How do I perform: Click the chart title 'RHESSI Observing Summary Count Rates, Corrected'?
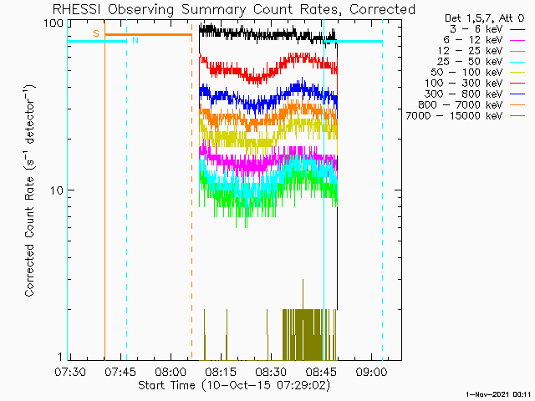point(234,9)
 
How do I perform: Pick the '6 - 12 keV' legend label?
point(473,40)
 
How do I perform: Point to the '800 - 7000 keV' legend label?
point(461,104)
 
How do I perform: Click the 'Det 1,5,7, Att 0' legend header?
point(485,18)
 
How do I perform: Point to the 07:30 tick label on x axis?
point(70,372)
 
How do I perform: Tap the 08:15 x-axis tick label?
point(221,372)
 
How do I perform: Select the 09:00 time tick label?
point(371,372)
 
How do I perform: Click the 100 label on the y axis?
point(53,23)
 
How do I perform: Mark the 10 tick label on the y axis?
point(57,190)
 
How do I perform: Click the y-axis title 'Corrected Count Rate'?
point(30,236)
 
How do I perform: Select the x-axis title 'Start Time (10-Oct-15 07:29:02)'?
point(234,386)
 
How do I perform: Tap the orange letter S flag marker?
point(96,33)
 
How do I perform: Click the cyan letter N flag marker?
point(135,41)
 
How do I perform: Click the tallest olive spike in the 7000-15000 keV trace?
point(303,280)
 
